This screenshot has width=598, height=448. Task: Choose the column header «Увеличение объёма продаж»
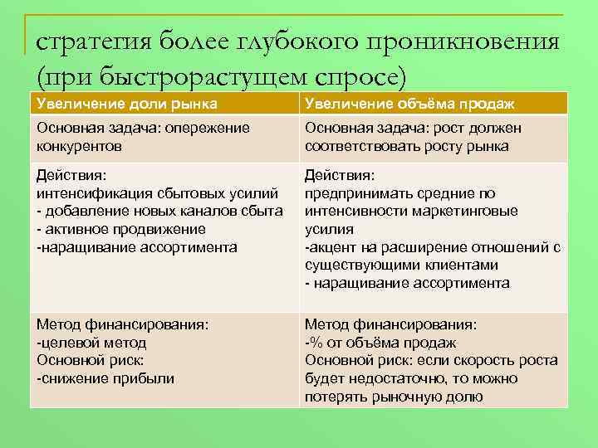tap(409, 104)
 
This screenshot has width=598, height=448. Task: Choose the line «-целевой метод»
tap(91, 343)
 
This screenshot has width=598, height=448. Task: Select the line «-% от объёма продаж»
tap(380, 343)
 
